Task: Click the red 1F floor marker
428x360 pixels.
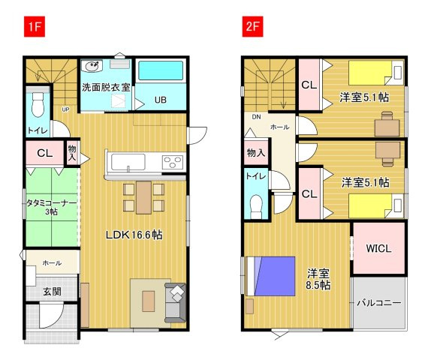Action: pyautogui.click(x=35, y=26)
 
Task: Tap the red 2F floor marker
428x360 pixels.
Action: pyautogui.click(x=253, y=26)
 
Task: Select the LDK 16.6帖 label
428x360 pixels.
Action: pyautogui.click(x=134, y=235)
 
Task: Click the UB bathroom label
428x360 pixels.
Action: pyautogui.click(x=161, y=100)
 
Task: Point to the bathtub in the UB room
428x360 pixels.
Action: pyautogui.click(x=161, y=70)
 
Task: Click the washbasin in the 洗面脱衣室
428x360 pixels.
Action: pyautogui.click(x=92, y=66)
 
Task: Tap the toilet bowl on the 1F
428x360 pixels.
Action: pyautogui.click(x=38, y=105)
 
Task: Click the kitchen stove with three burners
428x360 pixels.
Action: pyautogui.click(x=173, y=162)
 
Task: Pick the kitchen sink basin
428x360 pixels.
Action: pyautogui.click(x=128, y=162)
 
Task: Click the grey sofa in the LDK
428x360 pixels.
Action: pyautogui.click(x=175, y=303)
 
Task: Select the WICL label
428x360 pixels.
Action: pyautogui.click(x=378, y=248)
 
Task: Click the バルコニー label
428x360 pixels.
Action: pyautogui.click(x=379, y=303)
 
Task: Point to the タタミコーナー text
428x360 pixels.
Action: pyautogui.click(x=52, y=203)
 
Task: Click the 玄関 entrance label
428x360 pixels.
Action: pyautogui.click(x=52, y=292)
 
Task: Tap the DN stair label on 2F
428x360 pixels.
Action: pyautogui.click(x=256, y=117)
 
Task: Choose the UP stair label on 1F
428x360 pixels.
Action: pyautogui.click(x=65, y=109)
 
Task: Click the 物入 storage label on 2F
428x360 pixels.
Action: pyautogui.click(x=256, y=153)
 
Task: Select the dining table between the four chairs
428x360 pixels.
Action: pyautogui.click(x=144, y=197)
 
